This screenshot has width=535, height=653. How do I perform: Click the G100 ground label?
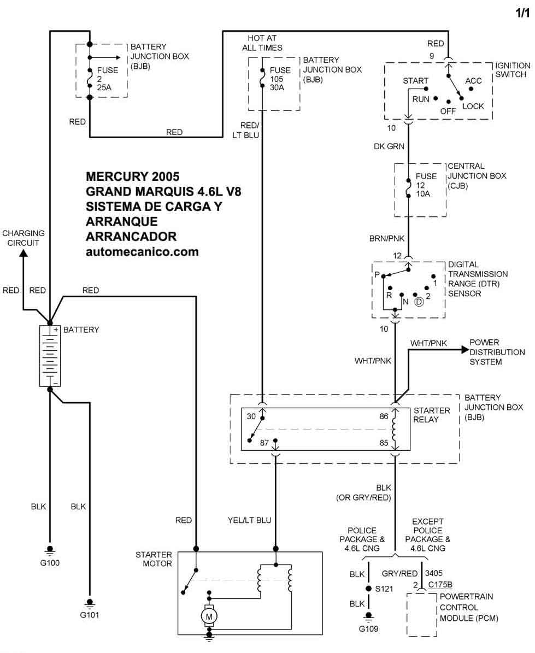(x=50, y=562)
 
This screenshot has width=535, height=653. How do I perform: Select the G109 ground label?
(x=368, y=628)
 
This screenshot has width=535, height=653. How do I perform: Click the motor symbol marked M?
(x=209, y=616)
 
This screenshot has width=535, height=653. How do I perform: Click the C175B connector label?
(x=440, y=585)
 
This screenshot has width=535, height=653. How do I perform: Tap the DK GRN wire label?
(x=389, y=146)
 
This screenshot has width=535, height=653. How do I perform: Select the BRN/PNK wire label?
(x=387, y=239)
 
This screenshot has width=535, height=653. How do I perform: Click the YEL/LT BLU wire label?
(x=249, y=520)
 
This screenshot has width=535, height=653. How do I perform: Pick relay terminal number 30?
(x=251, y=416)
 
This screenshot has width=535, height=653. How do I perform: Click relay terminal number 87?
(x=264, y=443)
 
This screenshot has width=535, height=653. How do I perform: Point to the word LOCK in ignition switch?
(x=473, y=106)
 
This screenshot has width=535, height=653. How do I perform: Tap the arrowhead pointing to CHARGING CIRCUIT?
(x=23, y=253)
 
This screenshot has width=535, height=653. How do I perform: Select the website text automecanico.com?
(x=142, y=252)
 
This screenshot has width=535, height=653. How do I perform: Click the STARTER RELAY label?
(x=432, y=415)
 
